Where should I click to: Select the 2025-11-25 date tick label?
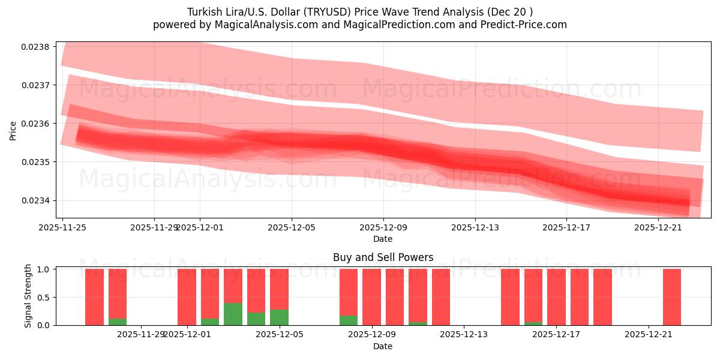click(62, 228)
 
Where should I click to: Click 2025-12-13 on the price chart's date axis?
click(475, 228)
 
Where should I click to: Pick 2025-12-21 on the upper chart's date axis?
click(658, 228)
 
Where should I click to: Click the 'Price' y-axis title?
click(13, 130)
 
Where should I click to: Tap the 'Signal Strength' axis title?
click(28, 296)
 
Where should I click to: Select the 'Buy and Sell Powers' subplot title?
click(383, 257)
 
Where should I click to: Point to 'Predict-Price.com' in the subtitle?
click(525, 25)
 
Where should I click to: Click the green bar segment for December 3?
click(233, 314)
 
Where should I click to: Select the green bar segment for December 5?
click(279, 317)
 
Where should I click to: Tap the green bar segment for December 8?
click(349, 320)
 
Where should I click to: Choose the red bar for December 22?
click(672, 297)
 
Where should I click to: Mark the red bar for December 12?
click(441, 297)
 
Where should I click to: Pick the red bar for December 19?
click(602, 297)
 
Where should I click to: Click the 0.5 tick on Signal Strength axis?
click(47, 297)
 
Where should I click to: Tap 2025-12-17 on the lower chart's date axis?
click(556, 334)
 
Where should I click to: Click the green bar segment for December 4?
click(256, 319)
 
